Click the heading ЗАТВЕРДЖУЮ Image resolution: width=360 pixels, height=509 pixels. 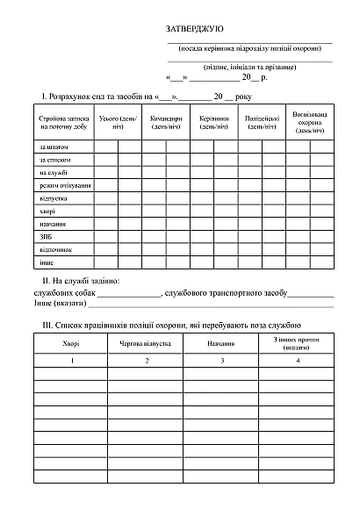tap(195, 30)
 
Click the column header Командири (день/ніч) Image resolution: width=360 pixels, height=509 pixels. tap(166, 122)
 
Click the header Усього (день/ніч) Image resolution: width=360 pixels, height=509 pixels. tap(118, 122)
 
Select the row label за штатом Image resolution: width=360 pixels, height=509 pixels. tap(54, 147)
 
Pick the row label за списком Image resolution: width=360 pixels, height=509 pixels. tap(55, 160)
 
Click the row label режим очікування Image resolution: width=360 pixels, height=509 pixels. tap(65, 185)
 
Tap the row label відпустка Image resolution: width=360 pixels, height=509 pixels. tap(54, 198)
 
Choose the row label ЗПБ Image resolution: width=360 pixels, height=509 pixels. tap(47, 237)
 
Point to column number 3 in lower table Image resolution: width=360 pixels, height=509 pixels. tap(221, 362)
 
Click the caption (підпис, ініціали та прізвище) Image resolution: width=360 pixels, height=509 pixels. tap(250, 67)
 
